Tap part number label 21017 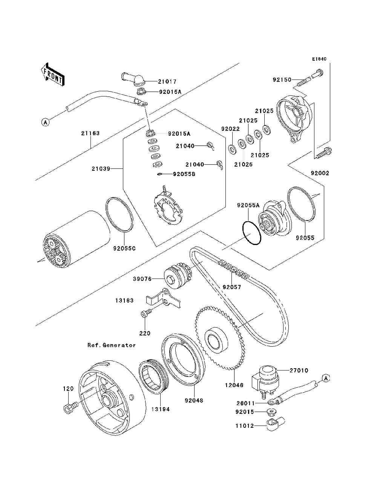[167, 81]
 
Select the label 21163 [90, 133]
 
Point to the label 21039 [101, 168]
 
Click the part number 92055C [124, 249]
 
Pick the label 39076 [143, 279]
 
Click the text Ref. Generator [112, 345]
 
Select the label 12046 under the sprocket [234, 385]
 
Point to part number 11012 [245, 426]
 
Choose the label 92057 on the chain [232, 287]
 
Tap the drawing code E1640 [319, 59]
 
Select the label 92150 [282, 80]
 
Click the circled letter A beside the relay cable [326, 378]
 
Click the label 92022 [230, 129]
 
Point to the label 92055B [184, 174]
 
